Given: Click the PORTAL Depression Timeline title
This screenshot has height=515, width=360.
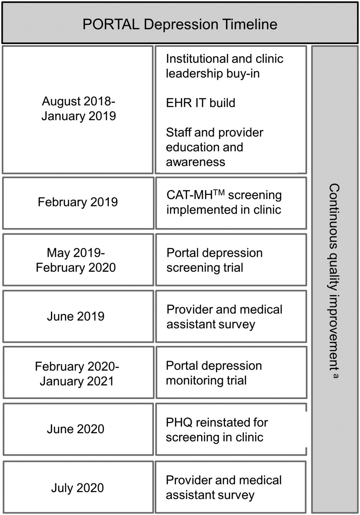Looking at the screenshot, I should tap(180, 24).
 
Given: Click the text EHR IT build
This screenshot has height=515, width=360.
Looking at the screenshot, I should tap(200, 103).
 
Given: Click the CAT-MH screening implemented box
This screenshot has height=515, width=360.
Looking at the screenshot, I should tap(230, 202).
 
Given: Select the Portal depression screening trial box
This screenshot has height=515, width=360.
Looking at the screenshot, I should tap(230, 260).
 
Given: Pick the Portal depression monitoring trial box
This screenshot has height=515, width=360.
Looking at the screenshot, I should tap(230, 372).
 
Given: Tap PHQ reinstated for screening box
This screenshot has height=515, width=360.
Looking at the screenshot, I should tap(230, 429).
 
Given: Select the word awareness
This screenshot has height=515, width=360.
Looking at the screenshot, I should tap(195, 161).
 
